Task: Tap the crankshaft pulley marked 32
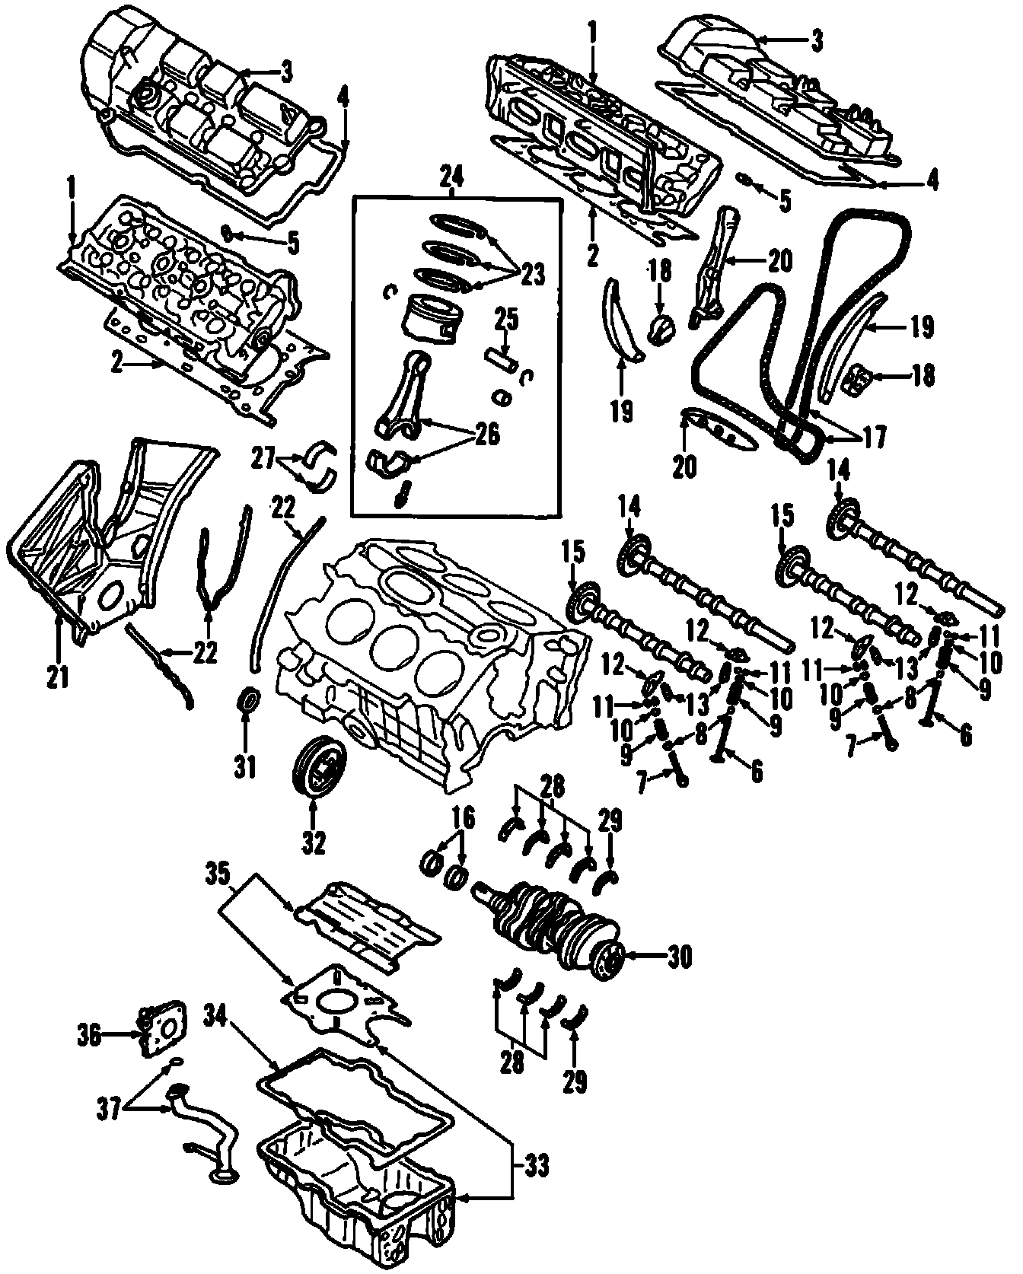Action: [319, 770]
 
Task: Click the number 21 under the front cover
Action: [57, 677]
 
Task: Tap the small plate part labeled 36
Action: [162, 1027]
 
